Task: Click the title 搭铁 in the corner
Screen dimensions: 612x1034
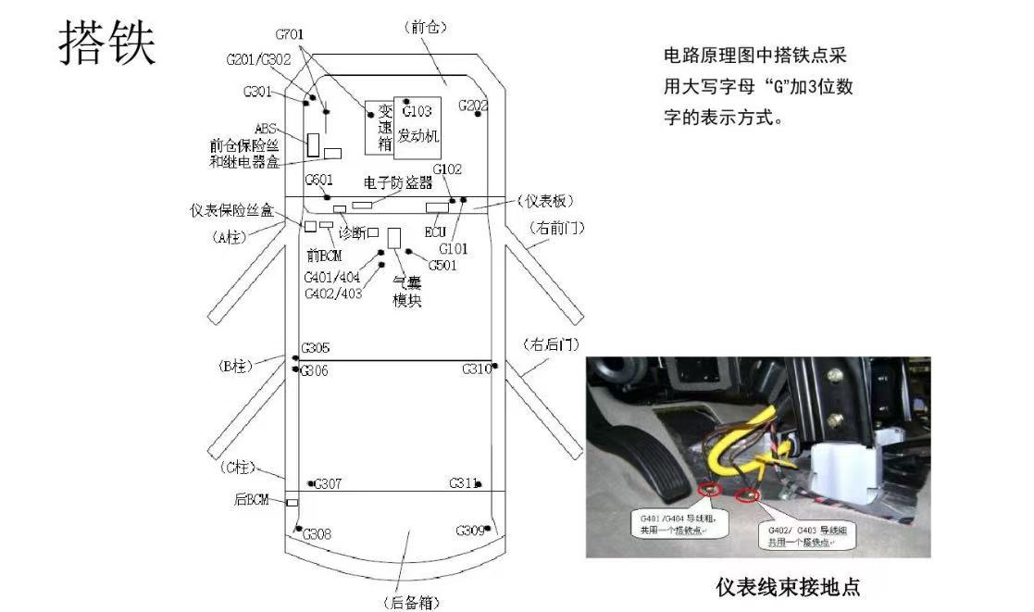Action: (107, 44)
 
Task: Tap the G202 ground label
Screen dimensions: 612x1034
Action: (473, 106)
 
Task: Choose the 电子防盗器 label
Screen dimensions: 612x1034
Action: (398, 182)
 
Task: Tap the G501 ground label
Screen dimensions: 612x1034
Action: (442, 266)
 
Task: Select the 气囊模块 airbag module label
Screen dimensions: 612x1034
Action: (407, 290)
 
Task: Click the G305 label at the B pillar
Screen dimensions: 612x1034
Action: (315, 349)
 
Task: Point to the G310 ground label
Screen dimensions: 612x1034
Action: (476, 369)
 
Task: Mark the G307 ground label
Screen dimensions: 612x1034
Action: (328, 484)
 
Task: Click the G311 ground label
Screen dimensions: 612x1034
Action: (463, 483)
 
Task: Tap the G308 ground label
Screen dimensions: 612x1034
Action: (317, 534)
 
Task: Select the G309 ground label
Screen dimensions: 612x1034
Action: (470, 531)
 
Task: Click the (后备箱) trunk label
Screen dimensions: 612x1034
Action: (410, 603)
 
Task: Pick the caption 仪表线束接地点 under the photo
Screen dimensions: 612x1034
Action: (788, 587)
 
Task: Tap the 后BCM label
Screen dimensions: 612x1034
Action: (250, 500)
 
